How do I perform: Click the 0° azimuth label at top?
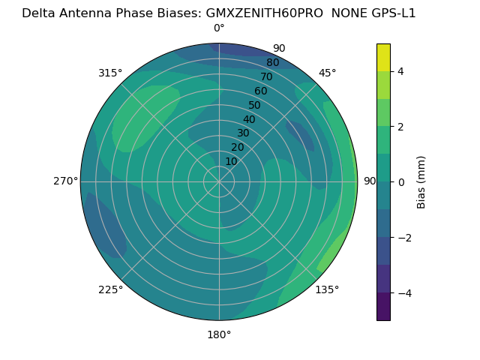(219, 28)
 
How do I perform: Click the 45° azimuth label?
(327, 73)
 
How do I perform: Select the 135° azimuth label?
(327, 289)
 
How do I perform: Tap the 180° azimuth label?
(219, 334)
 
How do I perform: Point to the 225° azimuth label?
(110, 289)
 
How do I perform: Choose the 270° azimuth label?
(65, 181)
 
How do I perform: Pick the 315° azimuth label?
(110, 73)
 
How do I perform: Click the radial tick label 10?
(232, 161)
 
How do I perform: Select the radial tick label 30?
(243, 133)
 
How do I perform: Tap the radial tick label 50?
(255, 105)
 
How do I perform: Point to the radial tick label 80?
(272, 62)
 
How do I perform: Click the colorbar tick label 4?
(400, 71)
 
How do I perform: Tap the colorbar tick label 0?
(400, 182)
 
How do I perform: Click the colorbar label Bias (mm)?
(421, 182)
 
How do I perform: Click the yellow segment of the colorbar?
(383, 57)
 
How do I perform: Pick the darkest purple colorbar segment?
(383, 307)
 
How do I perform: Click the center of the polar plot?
(219, 181)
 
